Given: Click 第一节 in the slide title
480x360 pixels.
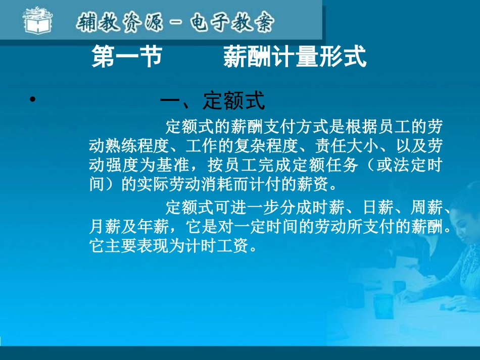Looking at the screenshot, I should tap(126, 57).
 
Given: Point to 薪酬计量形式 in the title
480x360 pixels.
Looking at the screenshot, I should tap(295, 57).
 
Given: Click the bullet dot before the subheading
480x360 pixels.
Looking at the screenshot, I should tap(32, 100).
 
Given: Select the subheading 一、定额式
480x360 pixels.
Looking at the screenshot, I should tap(212, 101).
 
